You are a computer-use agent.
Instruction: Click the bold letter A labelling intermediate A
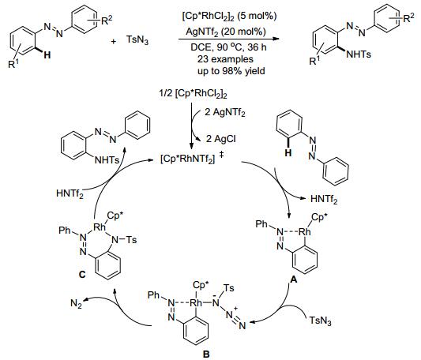pyautogui.click(x=294, y=279)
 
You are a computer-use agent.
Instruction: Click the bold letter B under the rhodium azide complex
pyautogui.click(x=206, y=354)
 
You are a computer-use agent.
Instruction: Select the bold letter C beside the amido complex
pyautogui.click(x=82, y=275)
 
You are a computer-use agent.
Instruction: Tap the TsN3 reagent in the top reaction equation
pyautogui.click(x=137, y=40)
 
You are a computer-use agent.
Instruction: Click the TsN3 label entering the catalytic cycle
pyautogui.click(x=320, y=321)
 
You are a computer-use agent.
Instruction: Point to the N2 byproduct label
pyautogui.click(x=76, y=304)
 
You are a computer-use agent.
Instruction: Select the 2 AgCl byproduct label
pyautogui.click(x=221, y=138)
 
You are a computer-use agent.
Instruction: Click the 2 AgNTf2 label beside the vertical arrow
pyautogui.click(x=225, y=112)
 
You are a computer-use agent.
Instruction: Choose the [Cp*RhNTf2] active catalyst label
pyautogui.click(x=188, y=159)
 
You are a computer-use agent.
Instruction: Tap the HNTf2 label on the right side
pyautogui.click(x=324, y=199)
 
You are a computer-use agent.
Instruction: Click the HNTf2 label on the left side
pyautogui.click(x=70, y=193)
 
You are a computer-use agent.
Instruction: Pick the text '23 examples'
pyautogui.click(x=225, y=59)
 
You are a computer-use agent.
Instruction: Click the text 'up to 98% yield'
pyautogui.click(x=231, y=71)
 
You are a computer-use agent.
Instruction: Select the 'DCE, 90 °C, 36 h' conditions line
pyautogui.click(x=228, y=47)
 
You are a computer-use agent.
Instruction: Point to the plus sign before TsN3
pyautogui.click(x=114, y=42)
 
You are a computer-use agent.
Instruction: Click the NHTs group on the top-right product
pyautogui.click(x=359, y=54)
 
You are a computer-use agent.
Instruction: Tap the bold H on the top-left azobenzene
pyautogui.click(x=47, y=55)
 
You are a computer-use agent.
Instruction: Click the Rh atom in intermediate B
pyautogui.click(x=196, y=303)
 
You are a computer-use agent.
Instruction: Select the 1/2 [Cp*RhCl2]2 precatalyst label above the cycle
pyautogui.click(x=193, y=95)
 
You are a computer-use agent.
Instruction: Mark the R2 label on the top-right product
pyautogui.click(x=408, y=18)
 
